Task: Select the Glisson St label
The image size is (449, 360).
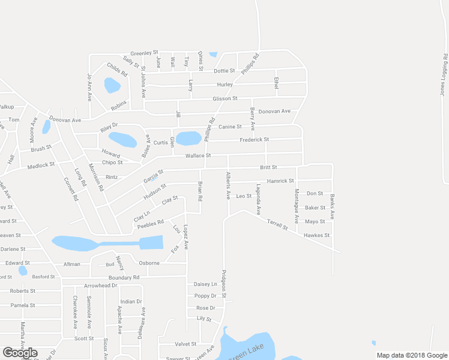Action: (225, 98)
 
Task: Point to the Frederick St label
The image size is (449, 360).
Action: (254, 140)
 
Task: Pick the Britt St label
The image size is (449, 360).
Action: (268, 167)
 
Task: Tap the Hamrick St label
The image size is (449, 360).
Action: (280, 181)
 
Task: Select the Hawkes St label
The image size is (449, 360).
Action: (317, 235)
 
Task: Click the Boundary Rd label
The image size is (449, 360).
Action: (124, 277)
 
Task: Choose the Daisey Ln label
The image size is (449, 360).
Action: (205, 284)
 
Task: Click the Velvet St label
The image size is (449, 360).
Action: (185, 344)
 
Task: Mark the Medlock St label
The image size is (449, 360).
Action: (40, 164)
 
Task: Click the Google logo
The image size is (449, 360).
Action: (20, 353)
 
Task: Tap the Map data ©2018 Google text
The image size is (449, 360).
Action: (412, 355)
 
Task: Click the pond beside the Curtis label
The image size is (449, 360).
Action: (188, 139)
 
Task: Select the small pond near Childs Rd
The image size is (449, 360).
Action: (112, 85)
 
